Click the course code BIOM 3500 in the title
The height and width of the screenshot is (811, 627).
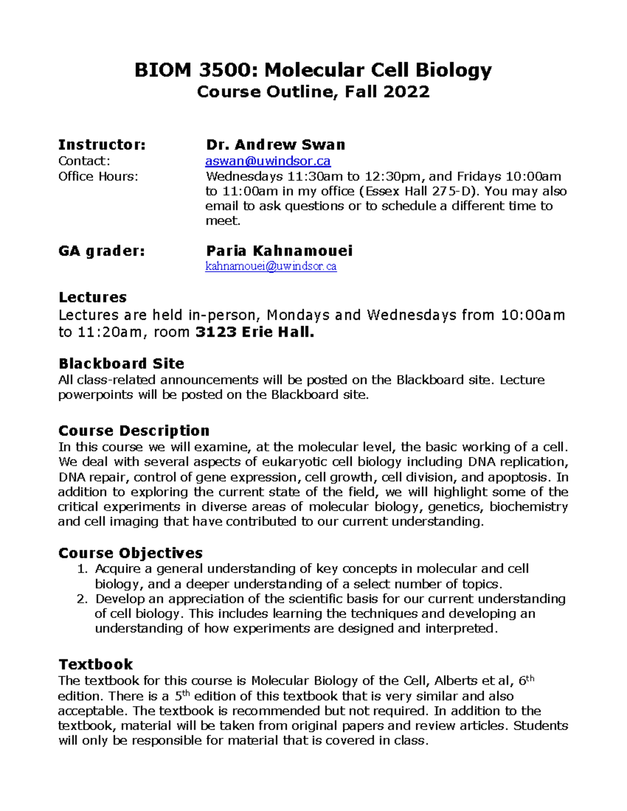pyautogui.click(x=195, y=70)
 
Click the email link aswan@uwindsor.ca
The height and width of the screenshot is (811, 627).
pyautogui.click(x=268, y=161)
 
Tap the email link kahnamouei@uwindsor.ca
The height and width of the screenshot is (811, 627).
pyautogui.click(x=271, y=267)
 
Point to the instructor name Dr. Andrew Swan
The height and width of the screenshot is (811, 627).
pyautogui.click(x=275, y=145)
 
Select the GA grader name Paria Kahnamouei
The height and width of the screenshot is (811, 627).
pyautogui.click(x=279, y=251)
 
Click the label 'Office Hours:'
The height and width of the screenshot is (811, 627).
pyautogui.click(x=98, y=177)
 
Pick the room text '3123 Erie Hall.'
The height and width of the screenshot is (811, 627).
pyautogui.click(x=255, y=333)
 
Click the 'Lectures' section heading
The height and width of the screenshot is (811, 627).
pyautogui.click(x=92, y=298)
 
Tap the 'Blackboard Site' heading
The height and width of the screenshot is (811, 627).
pyautogui.click(x=121, y=363)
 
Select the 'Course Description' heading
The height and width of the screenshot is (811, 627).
pyautogui.click(x=134, y=431)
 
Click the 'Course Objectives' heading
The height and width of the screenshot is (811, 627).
pyautogui.click(x=131, y=553)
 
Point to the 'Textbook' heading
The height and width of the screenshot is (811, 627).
pyautogui.click(x=96, y=664)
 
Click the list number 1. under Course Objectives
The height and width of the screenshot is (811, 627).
pyautogui.click(x=82, y=569)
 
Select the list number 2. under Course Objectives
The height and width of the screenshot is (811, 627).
pyautogui.click(x=82, y=599)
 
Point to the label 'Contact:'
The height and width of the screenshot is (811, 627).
pyautogui.click(x=84, y=161)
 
